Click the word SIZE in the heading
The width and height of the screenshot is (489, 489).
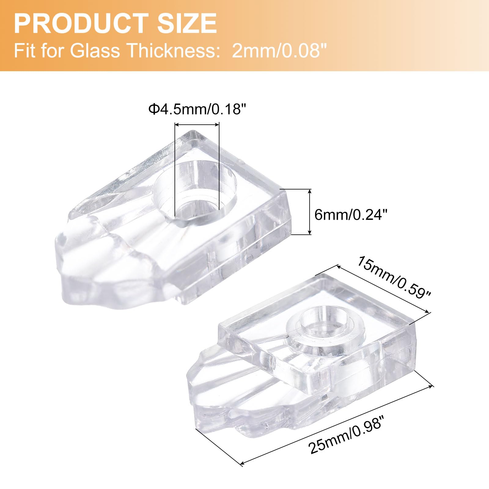coord(187,24)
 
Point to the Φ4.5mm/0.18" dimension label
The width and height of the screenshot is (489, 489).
coord(197,109)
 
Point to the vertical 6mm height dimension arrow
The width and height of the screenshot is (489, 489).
coord(310,212)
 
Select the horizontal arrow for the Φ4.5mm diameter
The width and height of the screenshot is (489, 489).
coord(197,124)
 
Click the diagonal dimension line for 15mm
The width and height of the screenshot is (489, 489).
coord(384,289)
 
